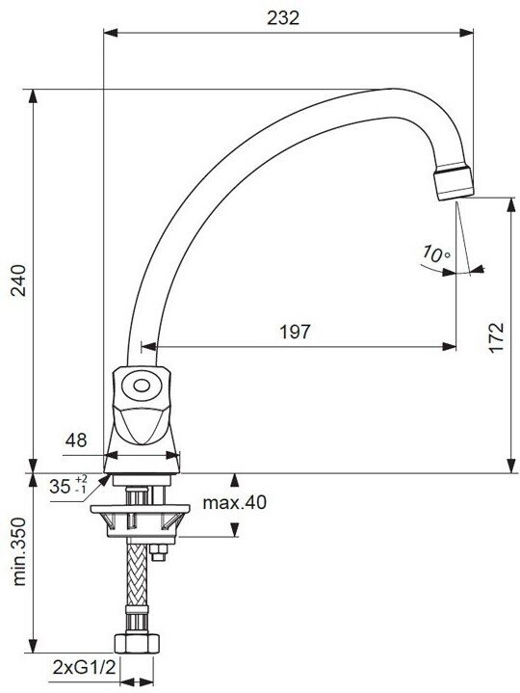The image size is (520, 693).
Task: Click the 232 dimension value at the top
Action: click(283, 17)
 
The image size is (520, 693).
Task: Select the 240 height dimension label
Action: click(19, 280)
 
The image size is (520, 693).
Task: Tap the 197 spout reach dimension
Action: click(296, 332)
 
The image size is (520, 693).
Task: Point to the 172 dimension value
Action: click(496, 337)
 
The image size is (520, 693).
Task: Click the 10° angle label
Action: click(436, 253)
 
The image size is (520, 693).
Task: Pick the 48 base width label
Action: click(76, 440)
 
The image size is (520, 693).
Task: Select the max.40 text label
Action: click(234, 502)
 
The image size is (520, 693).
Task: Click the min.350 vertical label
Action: click(19, 552)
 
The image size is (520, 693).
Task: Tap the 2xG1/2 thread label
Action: click(84, 667)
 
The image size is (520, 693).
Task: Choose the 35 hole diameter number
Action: click(60, 487)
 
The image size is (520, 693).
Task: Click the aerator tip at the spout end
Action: click(454, 183)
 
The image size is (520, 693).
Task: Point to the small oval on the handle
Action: click(142, 386)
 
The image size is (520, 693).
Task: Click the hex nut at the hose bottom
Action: click(136, 643)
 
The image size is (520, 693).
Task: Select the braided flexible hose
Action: click(136, 574)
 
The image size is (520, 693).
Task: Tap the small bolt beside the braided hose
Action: click(158, 552)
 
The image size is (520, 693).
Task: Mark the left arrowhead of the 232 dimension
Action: click(111, 33)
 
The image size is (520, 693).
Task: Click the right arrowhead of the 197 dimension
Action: click(449, 347)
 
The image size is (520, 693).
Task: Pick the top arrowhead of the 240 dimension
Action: click(33, 96)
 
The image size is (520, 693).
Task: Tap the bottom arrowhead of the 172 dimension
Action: click(510, 466)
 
